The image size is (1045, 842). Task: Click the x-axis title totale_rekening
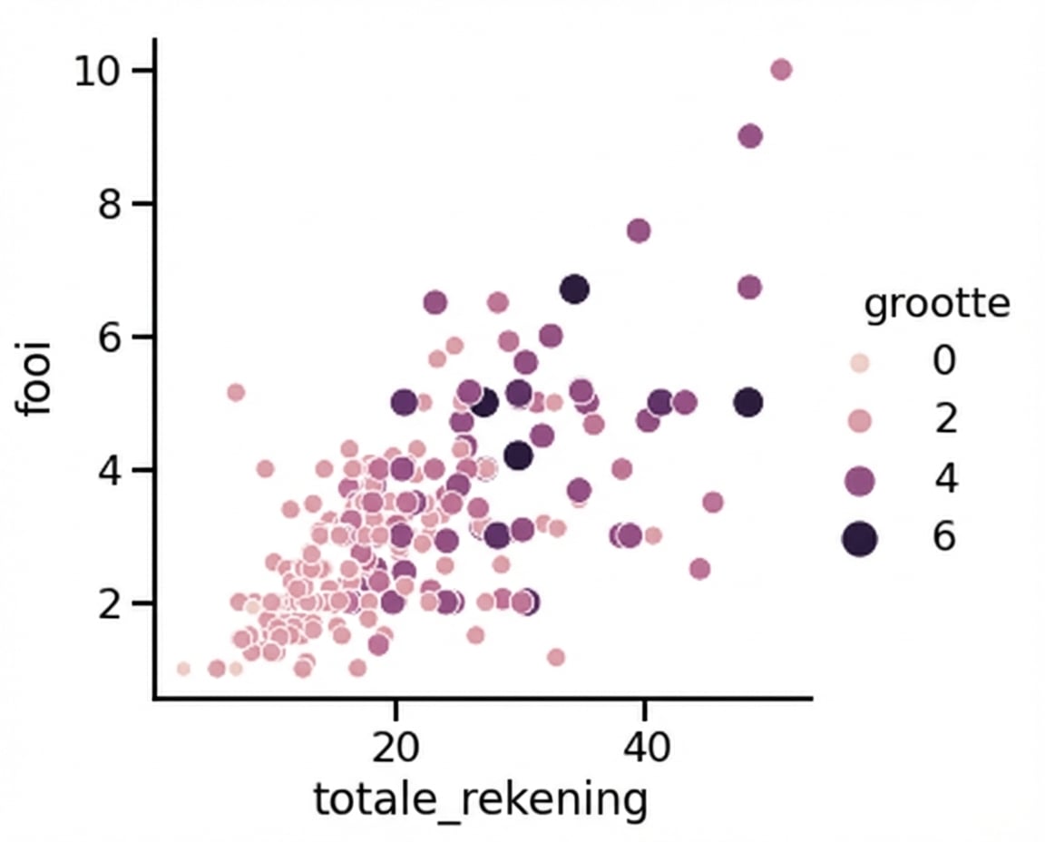tap(481, 800)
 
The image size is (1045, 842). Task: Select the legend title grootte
tap(936, 304)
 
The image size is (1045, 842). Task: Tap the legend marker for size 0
tap(858, 363)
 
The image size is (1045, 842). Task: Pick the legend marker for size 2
tap(858, 421)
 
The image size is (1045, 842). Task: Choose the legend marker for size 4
tap(858, 480)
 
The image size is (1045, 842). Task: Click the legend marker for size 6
tap(858, 539)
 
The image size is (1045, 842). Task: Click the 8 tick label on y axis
tap(111, 204)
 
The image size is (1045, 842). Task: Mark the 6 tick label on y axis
tap(111, 338)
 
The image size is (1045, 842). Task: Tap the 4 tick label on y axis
tap(111, 470)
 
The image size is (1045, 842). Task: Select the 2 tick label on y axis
tap(111, 603)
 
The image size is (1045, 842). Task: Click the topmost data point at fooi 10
tap(781, 70)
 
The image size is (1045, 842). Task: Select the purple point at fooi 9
tap(750, 136)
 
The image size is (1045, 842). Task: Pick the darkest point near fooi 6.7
tap(574, 289)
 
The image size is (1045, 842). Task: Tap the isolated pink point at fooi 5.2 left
tap(236, 392)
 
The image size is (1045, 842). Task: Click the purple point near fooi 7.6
tap(639, 230)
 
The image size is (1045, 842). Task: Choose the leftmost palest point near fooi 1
tap(183, 669)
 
